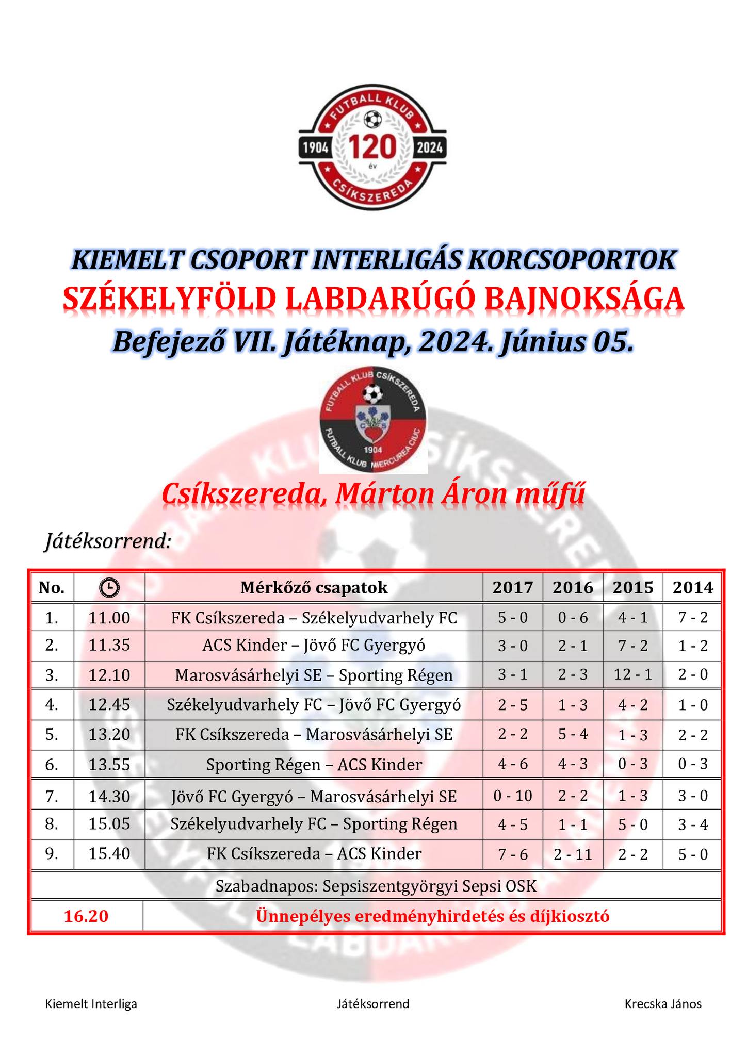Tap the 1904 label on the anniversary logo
pyautogui.click(x=316, y=148)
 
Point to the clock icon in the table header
pyautogui.click(x=109, y=588)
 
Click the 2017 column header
pyautogui.click(x=512, y=588)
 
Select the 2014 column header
pyautogui.click(x=692, y=588)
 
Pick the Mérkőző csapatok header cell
pyautogui.click(x=314, y=588)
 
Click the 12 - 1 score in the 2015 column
pyautogui.click(x=632, y=674)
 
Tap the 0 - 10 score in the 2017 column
pyautogui.click(x=512, y=796)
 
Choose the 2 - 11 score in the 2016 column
pyautogui.click(x=573, y=855)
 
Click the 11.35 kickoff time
pyautogui.click(x=109, y=646)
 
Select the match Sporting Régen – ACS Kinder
pyautogui.click(x=314, y=765)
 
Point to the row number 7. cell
pyautogui.click(x=52, y=797)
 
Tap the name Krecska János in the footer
pyautogui.click(x=662, y=1003)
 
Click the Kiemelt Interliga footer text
pyautogui.click(x=91, y=1003)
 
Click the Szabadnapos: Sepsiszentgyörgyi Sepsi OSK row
pyautogui.click(x=376, y=886)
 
